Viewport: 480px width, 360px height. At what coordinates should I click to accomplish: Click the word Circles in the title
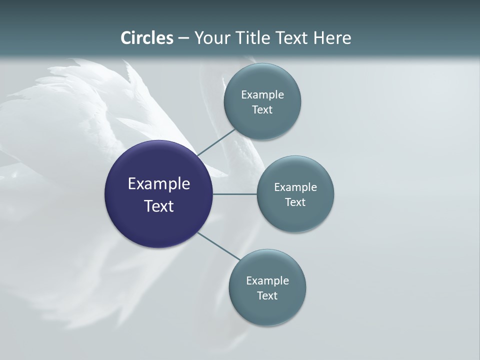[147, 38]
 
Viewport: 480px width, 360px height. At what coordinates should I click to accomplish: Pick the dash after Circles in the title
[183, 38]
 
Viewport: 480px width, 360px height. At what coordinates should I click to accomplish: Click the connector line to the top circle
[216, 142]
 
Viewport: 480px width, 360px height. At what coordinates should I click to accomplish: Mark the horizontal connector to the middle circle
[234, 194]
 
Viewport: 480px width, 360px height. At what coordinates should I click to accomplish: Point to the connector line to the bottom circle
[219, 246]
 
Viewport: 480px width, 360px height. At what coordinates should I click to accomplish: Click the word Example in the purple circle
[159, 184]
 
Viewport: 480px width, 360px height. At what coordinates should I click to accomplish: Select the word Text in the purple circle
[159, 206]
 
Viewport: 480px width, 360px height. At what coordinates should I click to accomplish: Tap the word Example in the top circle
[262, 95]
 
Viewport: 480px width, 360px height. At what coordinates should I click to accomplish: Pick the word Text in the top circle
[262, 110]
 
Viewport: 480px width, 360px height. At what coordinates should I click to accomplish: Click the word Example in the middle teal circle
[295, 187]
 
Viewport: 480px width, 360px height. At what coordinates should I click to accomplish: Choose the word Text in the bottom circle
[267, 296]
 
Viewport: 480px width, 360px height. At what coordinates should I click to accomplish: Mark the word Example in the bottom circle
[267, 281]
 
